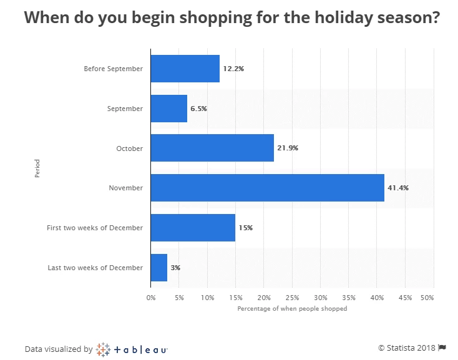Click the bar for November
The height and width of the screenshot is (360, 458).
point(267,188)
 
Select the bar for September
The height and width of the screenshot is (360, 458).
point(168,109)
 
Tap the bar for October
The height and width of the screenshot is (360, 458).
point(212,148)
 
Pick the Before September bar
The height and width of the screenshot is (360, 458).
point(185,69)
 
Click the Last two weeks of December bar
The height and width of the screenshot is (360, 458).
point(159,268)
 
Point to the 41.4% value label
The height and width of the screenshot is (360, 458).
point(398,188)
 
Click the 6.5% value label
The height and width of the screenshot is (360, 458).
point(198,109)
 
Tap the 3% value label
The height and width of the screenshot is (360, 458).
point(176,268)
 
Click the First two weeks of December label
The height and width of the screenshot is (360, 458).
point(95,228)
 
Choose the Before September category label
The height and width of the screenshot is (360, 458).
point(113,69)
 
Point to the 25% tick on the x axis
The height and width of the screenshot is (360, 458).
point(292,298)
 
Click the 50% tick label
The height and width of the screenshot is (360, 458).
point(427,298)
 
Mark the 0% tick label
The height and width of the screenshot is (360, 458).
point(151,298)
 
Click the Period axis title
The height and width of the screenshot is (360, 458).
point(37,168)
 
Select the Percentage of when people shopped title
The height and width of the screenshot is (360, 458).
point(292,309)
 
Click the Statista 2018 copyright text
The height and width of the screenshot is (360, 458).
point(407,348)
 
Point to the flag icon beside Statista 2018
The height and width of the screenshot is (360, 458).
point(442,348)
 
